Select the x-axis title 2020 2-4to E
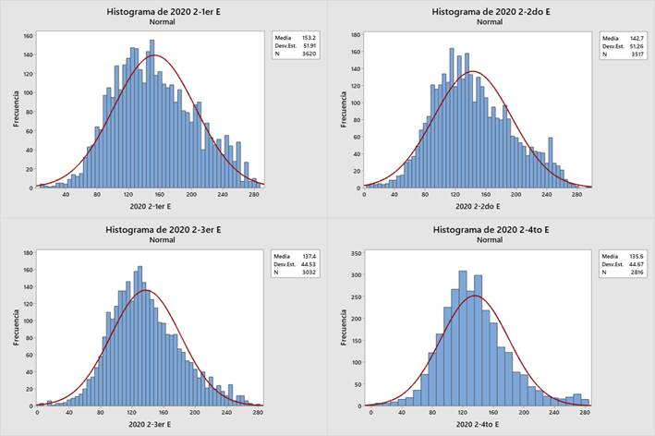pyautogui.click(x=477, y=425)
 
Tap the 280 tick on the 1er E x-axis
pyautogui.click(x=253, y=195)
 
